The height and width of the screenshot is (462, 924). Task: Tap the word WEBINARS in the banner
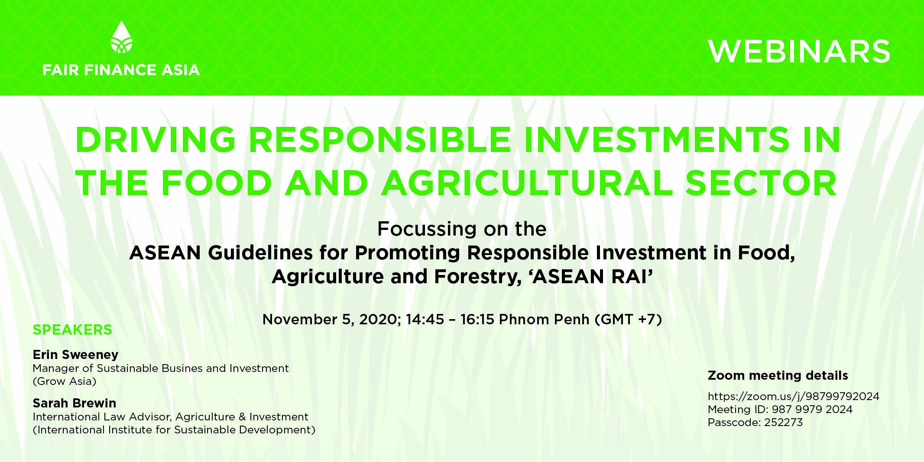(x=799, y=52)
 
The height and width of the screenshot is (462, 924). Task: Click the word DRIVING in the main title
(x=156, y=140)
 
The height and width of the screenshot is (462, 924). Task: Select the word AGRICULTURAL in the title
(x=527, y=183)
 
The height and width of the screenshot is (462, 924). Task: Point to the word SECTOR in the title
(x=761, y=183)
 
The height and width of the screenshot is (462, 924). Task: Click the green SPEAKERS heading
(x=72, y=330)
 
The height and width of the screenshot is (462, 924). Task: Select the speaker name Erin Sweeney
(x=75, y=355)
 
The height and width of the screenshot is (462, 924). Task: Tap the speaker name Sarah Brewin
(x=75, y=403)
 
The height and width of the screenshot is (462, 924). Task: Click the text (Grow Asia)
(x=65, y=381)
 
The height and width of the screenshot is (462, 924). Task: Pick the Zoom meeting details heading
(x=778, y=375)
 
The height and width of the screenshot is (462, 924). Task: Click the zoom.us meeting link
(x=794, y=397)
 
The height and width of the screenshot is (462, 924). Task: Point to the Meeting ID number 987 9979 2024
(x=812, y=409)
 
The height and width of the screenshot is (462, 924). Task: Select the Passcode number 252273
(x=783, y=422)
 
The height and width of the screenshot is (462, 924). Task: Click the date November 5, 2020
(x=331, y=320)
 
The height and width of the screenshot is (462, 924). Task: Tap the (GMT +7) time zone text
(x=629, y=320)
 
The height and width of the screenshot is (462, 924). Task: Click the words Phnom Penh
(x=544, y=320)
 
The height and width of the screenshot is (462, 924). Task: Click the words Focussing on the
(x=462, y=229)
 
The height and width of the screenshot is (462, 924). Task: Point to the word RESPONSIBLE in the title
(x=380, y=140)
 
